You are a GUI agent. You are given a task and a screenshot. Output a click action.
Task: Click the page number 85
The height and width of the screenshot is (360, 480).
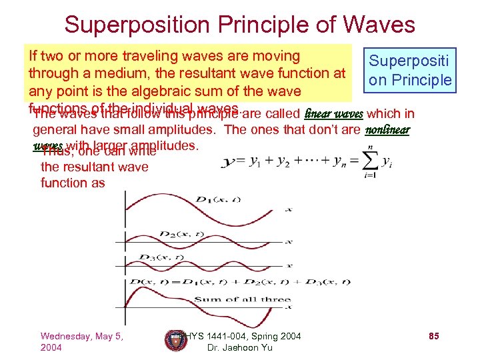pyautogui.click(x=433, y=336)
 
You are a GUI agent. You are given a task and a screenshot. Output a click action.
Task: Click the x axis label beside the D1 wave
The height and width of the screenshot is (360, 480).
pyautogui.click(x=288, y=210)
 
